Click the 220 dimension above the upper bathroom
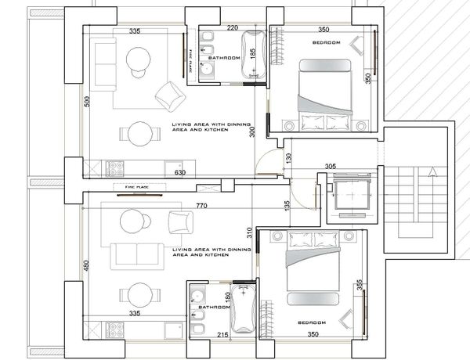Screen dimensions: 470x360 pos(233,28)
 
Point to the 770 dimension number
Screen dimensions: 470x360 pos(201,206)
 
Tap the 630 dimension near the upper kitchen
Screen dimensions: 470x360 pos(180,172)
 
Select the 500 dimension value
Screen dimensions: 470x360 pos(87,102)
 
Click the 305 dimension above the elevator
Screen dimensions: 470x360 pos(331,166)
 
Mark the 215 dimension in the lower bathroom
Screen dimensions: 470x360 pos(222,335)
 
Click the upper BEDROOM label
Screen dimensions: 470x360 pos(327,42)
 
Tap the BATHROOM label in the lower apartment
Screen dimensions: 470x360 pos(215,308)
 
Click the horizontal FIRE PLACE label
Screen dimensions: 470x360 pos(136,187)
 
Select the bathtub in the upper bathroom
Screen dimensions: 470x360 pos(254,55)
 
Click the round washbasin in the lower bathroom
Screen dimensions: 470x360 pos(197,295)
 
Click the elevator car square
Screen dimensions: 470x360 pos(352,194)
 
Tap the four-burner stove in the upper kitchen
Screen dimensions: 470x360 pos(115,169)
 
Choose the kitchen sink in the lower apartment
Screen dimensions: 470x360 pos(173,330)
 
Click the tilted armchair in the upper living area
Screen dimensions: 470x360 pos(170,96)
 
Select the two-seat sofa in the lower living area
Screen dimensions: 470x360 pos(137,257)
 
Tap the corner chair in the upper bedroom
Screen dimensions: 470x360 pos(357,45)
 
